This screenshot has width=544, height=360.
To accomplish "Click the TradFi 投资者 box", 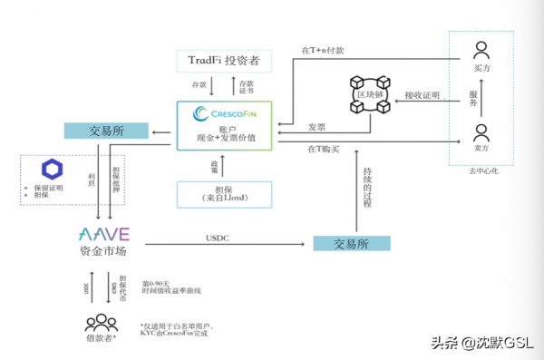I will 223,60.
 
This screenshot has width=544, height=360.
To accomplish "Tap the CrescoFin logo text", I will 223,113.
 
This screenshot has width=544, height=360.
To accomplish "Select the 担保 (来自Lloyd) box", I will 223,193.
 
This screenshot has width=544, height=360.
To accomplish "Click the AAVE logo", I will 107,235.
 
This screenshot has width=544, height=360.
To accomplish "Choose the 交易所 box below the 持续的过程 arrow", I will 351,243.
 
